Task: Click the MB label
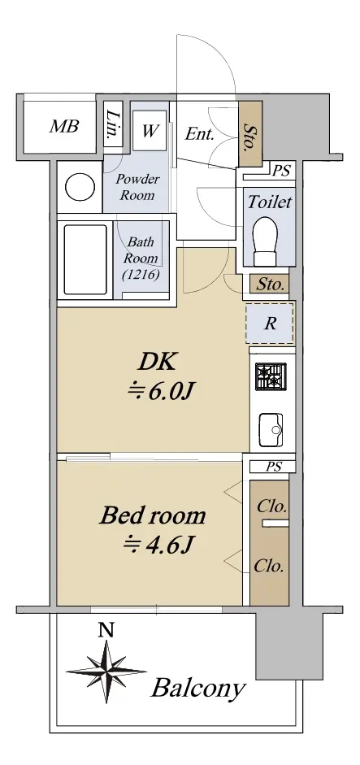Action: (x=64, y=127)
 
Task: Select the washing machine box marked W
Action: (x=150, y=131)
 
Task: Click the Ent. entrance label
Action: (x=200, y=134)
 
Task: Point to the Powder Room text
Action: (x=137, y=187)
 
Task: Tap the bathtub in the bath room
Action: (x=85, y=259)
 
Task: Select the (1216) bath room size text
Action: (x=141, y=275)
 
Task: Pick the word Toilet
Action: (x=269, y=202)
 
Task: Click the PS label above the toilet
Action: (x=280, y=171)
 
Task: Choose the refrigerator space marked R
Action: (x=270, y=324)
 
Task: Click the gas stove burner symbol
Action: (x=270, y=376)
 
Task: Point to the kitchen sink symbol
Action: (x=271, y=429)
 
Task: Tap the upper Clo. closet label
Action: (x=271, y=506)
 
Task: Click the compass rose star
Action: (x=106, y=672)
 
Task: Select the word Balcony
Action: (x=197, y=688)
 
